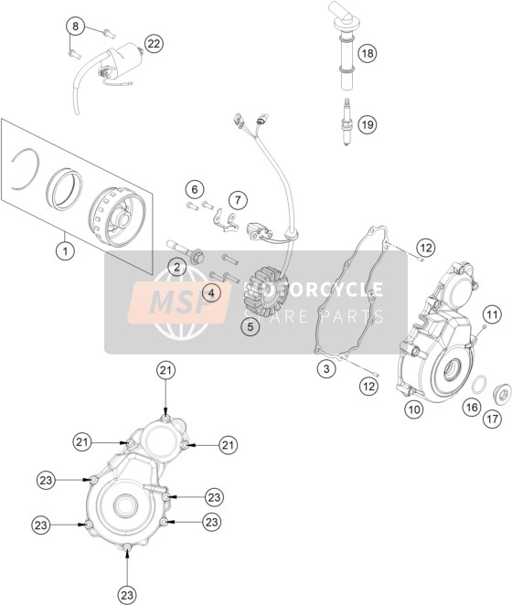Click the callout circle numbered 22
click(154, 44)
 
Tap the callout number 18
click(368, 53)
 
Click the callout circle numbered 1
click(65, 251)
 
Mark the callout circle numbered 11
click(492, 315)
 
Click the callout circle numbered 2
click(176, 267)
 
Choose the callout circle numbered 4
click(211, 293)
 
